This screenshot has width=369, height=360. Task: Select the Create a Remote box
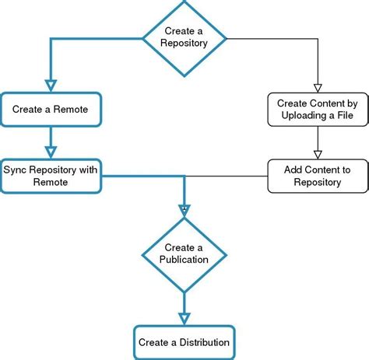(x=51, y=110)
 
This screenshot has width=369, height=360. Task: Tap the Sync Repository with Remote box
(x=51, y=175)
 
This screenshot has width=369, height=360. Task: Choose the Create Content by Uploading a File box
(x=317, y=110)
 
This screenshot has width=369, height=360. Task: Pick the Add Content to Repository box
(x=317, y=176)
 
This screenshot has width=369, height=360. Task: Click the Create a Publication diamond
(x=184, y=253)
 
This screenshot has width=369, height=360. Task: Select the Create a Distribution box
(x=184, y=341)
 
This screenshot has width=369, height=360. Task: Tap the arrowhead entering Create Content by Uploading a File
(x=317, y=86)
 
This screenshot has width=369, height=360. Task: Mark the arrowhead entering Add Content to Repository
(x=317, y=153)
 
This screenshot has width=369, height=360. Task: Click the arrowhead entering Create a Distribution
(x=184, y=317)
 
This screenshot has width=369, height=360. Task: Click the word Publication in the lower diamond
(x=184, y=260)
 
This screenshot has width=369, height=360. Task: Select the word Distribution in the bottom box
(x=203, y=342)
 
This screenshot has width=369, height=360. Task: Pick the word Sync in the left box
(x=15, y=169)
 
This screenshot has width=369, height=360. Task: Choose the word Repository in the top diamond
(x=184, y=44)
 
